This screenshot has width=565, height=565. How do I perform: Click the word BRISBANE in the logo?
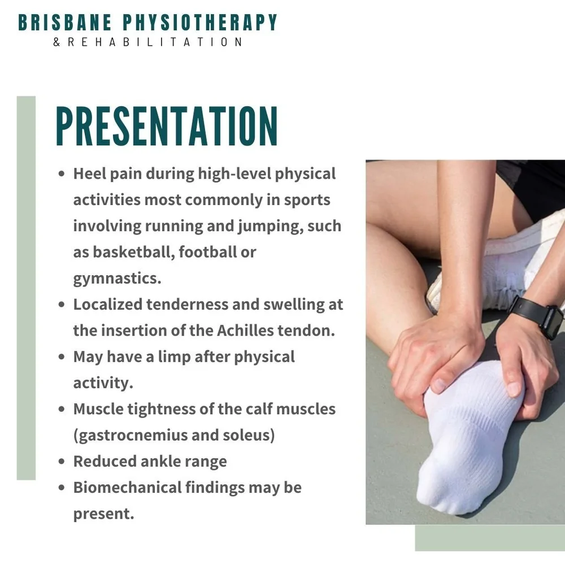point(64,23)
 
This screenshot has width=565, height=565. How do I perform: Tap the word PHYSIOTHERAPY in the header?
point(200,23)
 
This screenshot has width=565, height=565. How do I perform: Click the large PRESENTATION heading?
point(167,127)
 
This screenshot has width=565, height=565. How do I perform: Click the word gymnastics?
point(115,279)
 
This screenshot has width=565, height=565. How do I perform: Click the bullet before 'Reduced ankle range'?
point(62,462)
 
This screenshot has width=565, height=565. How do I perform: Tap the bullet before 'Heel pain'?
point(62,174)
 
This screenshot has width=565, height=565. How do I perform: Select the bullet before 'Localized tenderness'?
point(62,305)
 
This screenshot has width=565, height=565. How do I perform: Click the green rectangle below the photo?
point(489,538)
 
